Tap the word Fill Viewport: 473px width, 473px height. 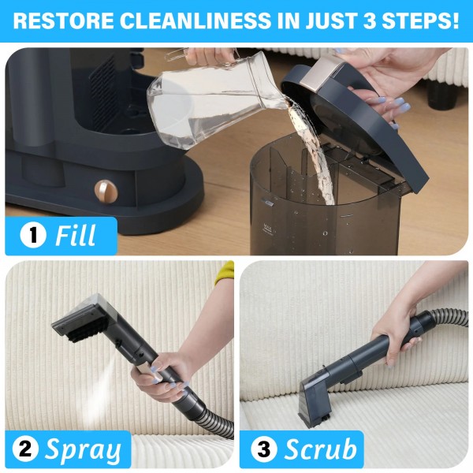pos(76,236)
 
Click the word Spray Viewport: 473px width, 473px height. pos(83,450)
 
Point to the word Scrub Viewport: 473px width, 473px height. pos(318,450)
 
